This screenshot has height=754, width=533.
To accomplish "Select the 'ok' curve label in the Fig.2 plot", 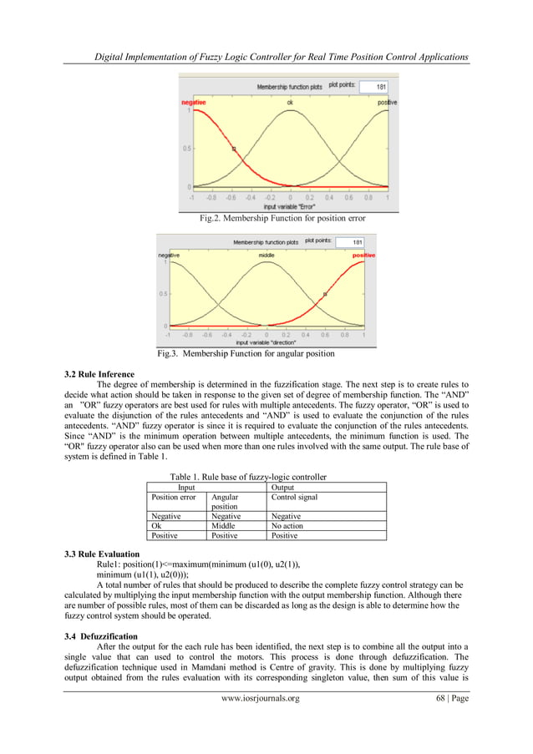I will (x=289, y=102).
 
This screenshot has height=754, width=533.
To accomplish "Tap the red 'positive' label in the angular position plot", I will (x=363, y=255).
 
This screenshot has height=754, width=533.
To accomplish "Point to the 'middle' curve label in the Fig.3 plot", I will (x=266, y=255).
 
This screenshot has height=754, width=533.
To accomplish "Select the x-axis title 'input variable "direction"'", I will (x=266, y=342).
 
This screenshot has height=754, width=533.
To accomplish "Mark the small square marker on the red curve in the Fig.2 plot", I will (x=234, y=149).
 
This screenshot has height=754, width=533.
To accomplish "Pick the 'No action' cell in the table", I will (x=288, y=526).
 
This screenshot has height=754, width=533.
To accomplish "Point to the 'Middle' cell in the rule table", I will (x=223, y=526).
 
